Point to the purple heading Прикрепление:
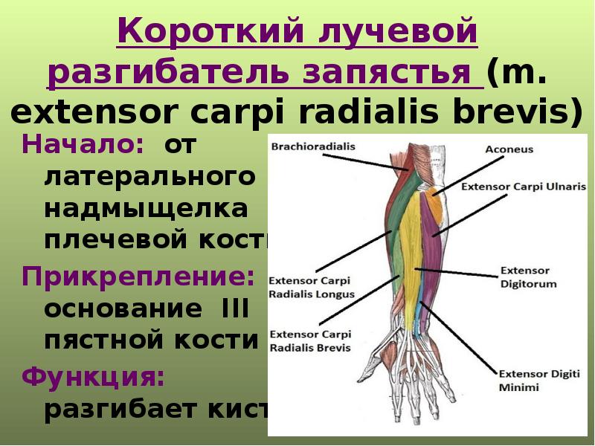(x=138, y=277)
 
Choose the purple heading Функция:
(x=92, y=376)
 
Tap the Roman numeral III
(x=235, y=308)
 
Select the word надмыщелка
(x=146, y=210)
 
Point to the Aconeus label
(x=511, y=149)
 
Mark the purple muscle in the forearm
(x=428, y=223)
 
